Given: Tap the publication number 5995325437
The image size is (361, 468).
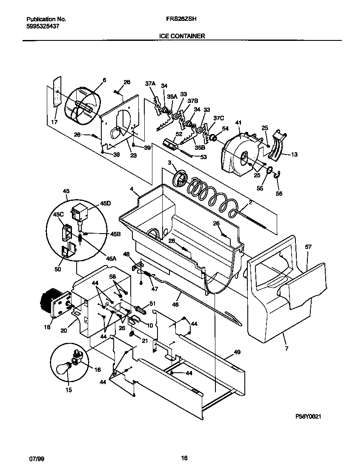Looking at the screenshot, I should pos(43,26).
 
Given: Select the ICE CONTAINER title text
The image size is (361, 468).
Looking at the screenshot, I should pos(182,36).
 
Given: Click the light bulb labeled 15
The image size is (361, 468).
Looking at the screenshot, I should pos(63,368).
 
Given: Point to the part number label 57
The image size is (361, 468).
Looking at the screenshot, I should pos(309,247).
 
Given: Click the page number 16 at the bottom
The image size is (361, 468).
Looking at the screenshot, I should pos(184,459).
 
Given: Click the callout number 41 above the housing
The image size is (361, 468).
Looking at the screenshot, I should pos(238,123).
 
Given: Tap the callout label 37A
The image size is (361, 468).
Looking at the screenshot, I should pos(150,84).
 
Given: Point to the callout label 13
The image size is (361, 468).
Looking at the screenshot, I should pos(294,155).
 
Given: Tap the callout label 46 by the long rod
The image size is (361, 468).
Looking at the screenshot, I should pos(175,305).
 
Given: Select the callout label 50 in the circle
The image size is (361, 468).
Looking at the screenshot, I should pos(57,269).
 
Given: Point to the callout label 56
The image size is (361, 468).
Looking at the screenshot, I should pos(279,182).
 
